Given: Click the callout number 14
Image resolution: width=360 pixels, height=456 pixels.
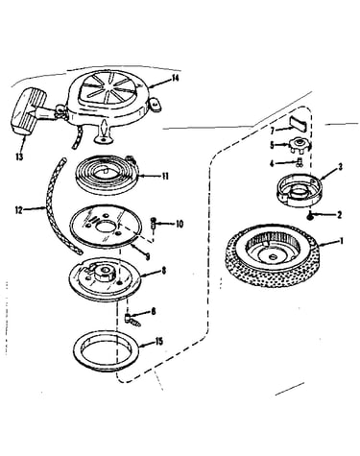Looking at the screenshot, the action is [x=175, y=78].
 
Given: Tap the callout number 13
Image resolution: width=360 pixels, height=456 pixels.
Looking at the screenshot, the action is [x=19, y=156].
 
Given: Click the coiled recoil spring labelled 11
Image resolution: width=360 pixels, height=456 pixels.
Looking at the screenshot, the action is [x=108, y=175].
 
